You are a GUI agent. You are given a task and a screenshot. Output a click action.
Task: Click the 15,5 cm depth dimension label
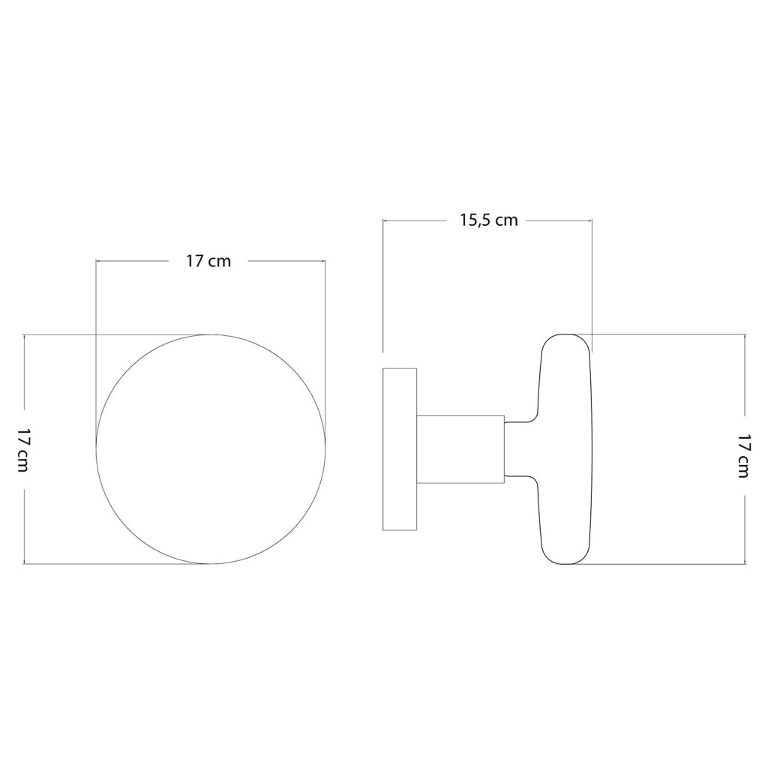click(x=488, y=221)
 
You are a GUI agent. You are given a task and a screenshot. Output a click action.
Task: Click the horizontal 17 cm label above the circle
click(x=208, y=261)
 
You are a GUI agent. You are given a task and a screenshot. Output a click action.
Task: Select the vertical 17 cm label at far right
click(x=745, y=455)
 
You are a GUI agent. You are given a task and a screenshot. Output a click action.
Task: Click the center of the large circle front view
click(x=211, y=449)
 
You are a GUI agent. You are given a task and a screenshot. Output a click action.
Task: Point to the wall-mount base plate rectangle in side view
click(x=399, y=449)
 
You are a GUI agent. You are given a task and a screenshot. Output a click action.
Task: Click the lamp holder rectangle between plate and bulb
click(x=460, y=450)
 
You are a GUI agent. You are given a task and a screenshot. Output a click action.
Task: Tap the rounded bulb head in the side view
click(x=565, y=449)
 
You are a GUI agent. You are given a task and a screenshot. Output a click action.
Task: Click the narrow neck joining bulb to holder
click(x=522, y=450)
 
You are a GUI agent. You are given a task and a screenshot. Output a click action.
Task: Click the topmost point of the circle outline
click(x=211, y=334)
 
